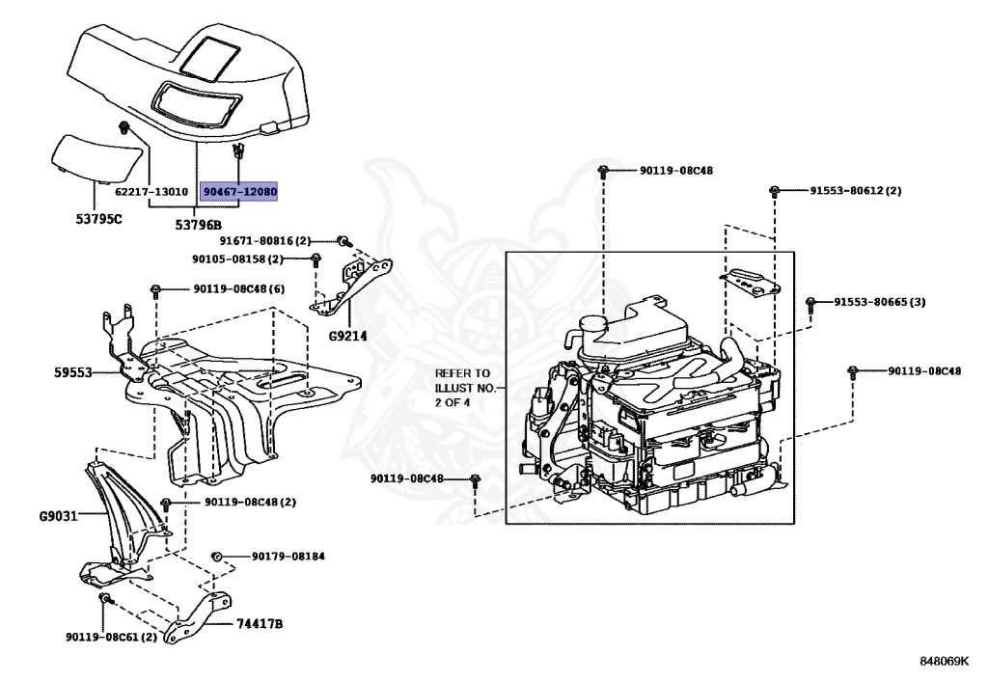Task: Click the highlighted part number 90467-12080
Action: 238,192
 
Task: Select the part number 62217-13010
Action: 151,192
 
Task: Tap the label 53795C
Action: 99,219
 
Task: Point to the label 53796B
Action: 198,225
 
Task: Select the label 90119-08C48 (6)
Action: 238,288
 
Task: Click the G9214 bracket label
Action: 347,338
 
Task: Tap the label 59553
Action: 74,370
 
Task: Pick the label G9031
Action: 60,516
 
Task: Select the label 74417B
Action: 260,624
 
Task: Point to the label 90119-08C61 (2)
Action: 111,638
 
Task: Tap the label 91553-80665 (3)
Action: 880,302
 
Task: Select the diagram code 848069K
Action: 943,661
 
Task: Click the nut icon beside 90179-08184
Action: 217,557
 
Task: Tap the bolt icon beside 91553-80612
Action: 775,191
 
